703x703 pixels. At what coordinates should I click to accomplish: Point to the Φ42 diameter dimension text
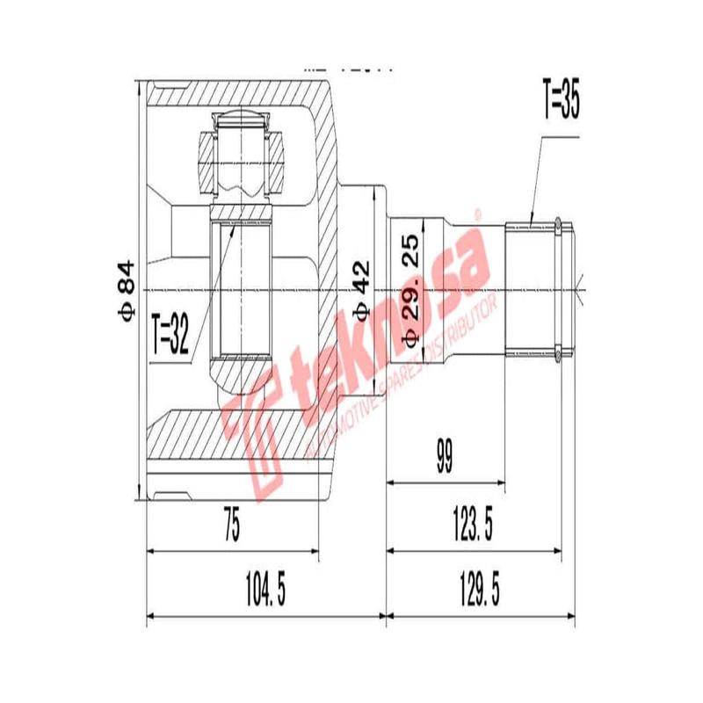(361, 289)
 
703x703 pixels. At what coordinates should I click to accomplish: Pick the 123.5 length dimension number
(472, 526)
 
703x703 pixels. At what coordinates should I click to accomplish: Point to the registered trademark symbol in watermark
(479, 214)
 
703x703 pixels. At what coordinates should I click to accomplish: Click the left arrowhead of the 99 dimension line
(391, 482)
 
